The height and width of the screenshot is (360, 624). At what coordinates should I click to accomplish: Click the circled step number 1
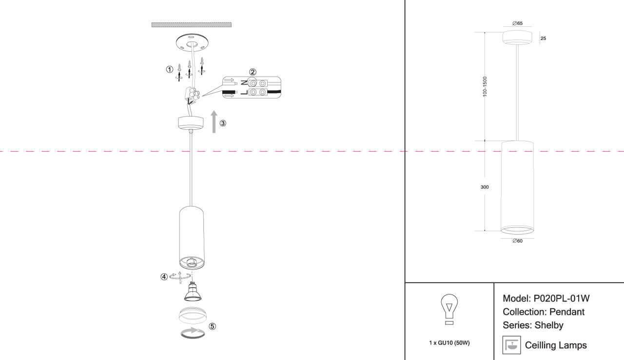[x=170, y=69]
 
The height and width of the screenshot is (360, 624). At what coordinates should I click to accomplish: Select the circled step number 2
[x=253, y=72]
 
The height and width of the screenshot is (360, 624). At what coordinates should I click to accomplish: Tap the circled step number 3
[x=223, y=123]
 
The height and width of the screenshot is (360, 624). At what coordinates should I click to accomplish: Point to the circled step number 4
[x=164, y=277]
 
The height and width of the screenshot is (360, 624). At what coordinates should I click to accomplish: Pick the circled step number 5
[x=212, y=326]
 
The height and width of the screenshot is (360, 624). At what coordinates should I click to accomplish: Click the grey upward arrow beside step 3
[x=214, y=122]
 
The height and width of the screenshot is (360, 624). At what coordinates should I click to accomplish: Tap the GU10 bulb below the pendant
[x=193, y=291]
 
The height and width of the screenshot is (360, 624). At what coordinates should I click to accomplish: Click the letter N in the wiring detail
[x=244, y=83]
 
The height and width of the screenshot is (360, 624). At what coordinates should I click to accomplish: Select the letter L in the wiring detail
[x=244, y=92]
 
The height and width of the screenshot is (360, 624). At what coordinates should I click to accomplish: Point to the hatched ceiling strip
[x=192, y=25]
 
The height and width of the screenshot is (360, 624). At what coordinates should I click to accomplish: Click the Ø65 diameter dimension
[x=518, y=23]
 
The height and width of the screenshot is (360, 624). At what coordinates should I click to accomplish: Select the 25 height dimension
[x=543, y=39]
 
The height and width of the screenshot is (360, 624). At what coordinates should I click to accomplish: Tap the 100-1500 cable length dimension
[x=485, y=87]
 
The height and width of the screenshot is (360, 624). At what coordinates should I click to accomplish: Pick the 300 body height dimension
[x=485, y=187]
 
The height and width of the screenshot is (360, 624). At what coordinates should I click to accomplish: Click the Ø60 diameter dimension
[x=518, y=241]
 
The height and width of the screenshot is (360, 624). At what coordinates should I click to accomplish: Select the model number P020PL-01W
[x=561, y=299]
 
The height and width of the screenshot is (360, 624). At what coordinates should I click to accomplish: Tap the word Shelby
[x=549, y=325]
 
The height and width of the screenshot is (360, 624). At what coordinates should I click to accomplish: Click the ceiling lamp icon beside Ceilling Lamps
[x=511, y=345]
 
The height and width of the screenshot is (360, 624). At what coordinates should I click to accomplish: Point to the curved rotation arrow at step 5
[x=193, y=333]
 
